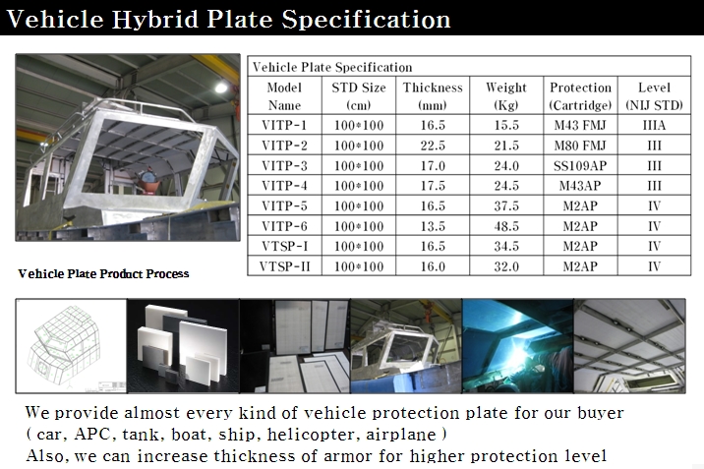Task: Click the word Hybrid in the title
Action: coord(155,20)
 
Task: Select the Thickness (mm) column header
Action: coord(433,96)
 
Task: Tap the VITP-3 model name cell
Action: coord(285,165)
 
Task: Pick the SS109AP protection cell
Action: coord(580,165)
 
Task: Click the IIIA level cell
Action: coord(654,125)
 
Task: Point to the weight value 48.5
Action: coord(506,226)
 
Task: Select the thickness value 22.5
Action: coord(433,146)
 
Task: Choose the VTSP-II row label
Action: coord(285,266)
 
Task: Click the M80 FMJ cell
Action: coord(580,146)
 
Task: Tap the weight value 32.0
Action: coord(506,266)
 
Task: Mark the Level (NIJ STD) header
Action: coord(654,96)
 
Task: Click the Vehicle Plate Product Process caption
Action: coord(103,273)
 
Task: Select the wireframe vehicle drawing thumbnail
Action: coord(71,346)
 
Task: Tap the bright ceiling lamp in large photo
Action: coord(221,87)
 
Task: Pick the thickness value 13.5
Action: coord(433,226)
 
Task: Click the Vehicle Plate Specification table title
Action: coord(332,67)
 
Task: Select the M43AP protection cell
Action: coord(580,186)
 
